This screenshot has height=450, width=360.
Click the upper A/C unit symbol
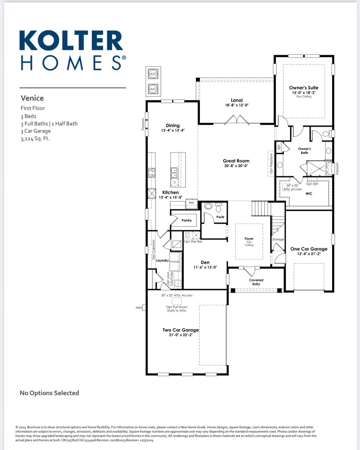click(153, 74)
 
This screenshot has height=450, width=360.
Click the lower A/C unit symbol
click(153, 89)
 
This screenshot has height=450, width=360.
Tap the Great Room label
click(236, 161)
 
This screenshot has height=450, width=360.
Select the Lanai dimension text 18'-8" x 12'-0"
click(237, 105)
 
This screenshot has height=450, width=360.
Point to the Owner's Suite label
click(304, 88)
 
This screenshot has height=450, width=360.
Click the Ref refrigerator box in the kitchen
click(191, 203)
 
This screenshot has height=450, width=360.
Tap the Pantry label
click(187, 220)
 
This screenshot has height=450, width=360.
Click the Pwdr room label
click(220, 217)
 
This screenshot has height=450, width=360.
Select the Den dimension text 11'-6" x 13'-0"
click(205, 267)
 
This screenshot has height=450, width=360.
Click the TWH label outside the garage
click(139, 308)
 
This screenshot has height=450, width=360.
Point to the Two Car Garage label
click(181, 330)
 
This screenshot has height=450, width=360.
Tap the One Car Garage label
click(309, 249)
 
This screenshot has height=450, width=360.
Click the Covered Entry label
click(256, 282)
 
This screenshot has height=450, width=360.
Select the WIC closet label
click(309, 193)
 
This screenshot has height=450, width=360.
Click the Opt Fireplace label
click(271, 163)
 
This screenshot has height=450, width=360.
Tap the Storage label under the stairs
click(278, 239)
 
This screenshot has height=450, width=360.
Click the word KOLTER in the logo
click(71, 40)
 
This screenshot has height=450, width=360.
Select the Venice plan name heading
click(32, 98)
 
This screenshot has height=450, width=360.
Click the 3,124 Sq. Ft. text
click(35, 139)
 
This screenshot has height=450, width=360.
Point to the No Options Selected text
click(49, 393)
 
